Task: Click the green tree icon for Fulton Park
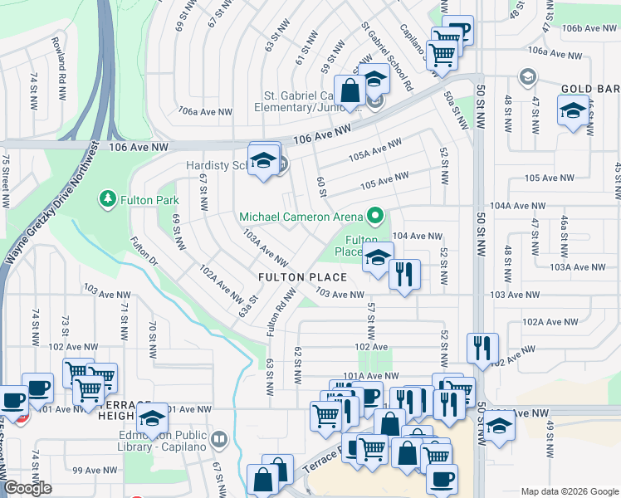tap(107, 199)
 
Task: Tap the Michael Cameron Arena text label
tap(301, 217)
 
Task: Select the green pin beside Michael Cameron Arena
tap(375, 217)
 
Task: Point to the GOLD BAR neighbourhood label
tap(589, 88)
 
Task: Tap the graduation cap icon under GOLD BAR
tap(573, 110)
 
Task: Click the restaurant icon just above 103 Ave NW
tap(404, 273)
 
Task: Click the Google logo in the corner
tap(27, 489)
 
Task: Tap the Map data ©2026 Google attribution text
tap(570, 491)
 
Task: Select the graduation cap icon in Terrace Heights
tap(152, 419)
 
